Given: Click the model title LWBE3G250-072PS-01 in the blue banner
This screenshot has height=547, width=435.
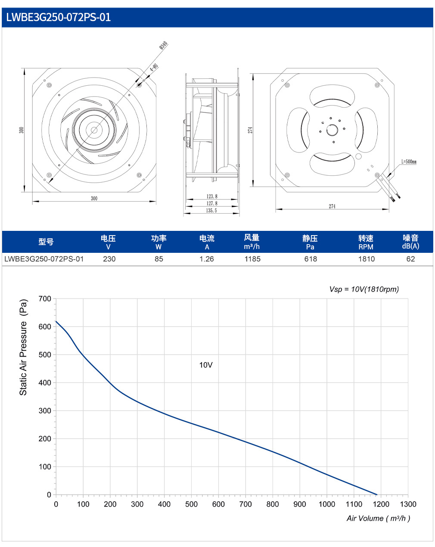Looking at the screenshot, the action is pos(58,17).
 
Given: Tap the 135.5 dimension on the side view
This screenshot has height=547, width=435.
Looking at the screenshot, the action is pos(211,211).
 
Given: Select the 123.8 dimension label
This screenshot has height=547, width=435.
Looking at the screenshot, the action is pos(212,196).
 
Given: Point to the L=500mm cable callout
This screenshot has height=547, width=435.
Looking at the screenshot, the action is pos(409,162).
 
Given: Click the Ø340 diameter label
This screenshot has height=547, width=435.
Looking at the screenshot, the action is pos(163,45).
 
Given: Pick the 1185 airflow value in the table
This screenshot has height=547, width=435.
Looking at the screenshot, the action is pos(252,259).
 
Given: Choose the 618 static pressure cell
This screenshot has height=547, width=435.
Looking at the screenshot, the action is pos(311,259).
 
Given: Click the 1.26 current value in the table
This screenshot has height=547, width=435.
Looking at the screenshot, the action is pos(207,259).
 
